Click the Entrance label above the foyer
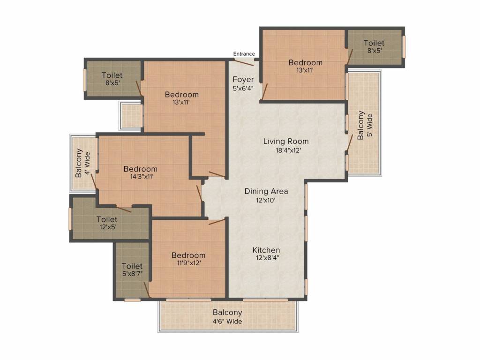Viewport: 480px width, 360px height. click(244, 53)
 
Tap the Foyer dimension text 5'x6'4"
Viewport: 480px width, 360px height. click(243, 88)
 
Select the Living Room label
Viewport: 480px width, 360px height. click(285, 141)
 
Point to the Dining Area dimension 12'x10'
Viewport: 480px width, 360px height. click(266, 200)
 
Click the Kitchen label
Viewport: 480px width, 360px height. click(266, 250)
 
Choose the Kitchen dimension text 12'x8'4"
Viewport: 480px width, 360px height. click(266, 258)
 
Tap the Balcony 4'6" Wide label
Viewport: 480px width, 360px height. click(227, 316)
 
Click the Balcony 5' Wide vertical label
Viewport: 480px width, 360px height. click(365, 125)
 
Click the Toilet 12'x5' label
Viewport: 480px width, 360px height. click(107, 223)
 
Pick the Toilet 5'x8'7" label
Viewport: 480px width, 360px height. click(132, 270)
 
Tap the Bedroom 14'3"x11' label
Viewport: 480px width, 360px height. click(140, 172)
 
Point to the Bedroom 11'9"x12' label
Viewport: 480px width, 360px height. click(188, 259)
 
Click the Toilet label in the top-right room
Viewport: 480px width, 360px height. click(374, 46)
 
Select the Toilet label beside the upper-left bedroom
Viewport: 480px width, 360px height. click(112, 79)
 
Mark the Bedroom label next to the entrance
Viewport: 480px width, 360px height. click(305, 66)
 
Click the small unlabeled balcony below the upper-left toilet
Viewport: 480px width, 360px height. click(131, 115)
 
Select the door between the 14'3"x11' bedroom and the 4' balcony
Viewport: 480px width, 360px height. click(93, 180)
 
